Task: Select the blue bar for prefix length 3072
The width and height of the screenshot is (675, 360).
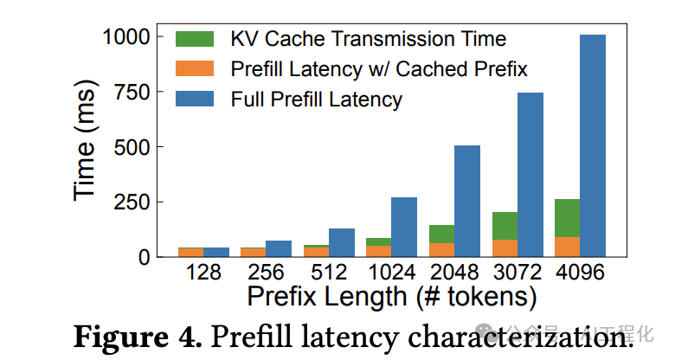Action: point(530,174)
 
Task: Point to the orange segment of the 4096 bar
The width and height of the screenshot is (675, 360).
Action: point(568,247)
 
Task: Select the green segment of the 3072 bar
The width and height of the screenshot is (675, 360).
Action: point(505,226)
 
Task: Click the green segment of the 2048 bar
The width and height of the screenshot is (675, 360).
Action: point(441,234)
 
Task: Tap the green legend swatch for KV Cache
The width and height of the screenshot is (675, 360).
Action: point(194,39)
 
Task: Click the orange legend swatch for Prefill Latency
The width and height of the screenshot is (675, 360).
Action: point(194,68)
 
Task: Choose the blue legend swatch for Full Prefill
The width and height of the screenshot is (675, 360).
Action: point(194,99)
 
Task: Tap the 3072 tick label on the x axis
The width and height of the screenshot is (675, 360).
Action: point(517,273)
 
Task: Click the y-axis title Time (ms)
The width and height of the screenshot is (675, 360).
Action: point(86,148)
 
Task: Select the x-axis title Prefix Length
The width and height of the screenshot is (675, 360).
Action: point(391,297)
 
